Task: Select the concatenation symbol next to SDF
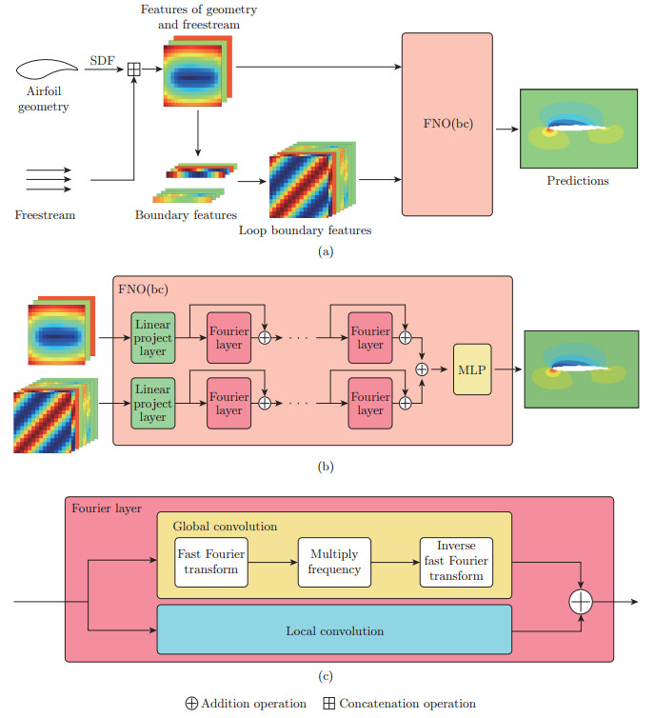pyautogui.click(x=134, y=68)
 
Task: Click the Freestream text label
pyautogui.click(x=45, y=215)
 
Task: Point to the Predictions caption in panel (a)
pyautogui.click(x=578, y=180)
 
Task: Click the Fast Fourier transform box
pyautogui.click(x=208, y=562)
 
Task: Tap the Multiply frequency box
pyautogui.click(x=333, y=562)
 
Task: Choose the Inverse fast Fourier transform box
pyautogui.click(x=455, y=562)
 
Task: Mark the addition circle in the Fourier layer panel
pyautogui.click(x=582, y=602)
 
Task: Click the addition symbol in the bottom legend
pyautogui.click(x=191, y=704)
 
